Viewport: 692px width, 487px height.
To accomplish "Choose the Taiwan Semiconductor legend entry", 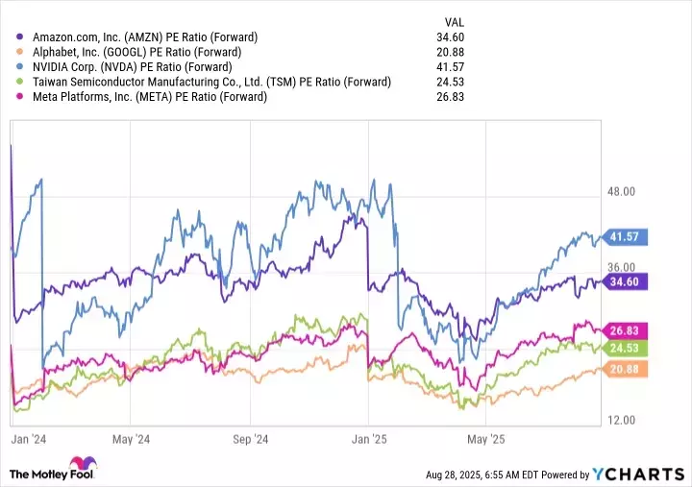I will click(x=211, y=82).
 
